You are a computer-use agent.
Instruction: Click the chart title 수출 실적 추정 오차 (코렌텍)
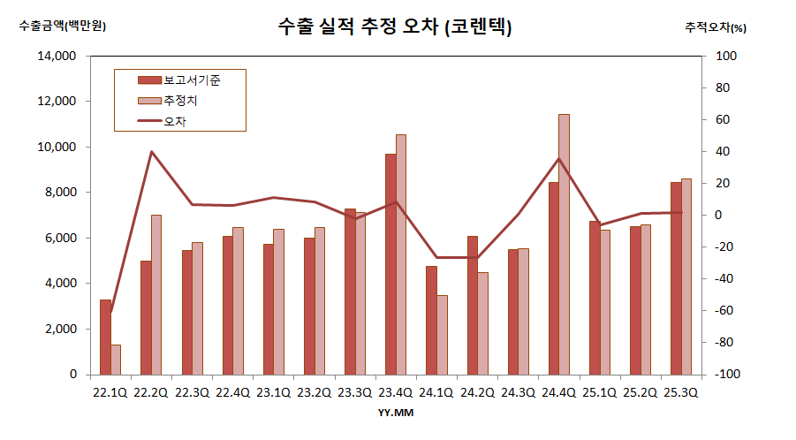click(x=394, y=27)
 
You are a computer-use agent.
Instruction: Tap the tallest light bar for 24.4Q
click(x=564, y=244)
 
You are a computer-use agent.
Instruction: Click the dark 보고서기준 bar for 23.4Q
click(x=390, y=264)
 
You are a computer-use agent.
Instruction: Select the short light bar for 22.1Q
click(x=116, y=360)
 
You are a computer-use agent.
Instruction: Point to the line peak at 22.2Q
click(x=151, y=152)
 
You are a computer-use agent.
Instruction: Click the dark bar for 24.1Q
click(x=431, y=320)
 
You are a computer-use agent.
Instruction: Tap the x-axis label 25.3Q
click(x=680, y=392)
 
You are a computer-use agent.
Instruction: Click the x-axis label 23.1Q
click(x=273, y=392)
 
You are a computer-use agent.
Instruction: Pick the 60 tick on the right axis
click(x=721, y=120)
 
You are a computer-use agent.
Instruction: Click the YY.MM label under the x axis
click(x=395, y=412)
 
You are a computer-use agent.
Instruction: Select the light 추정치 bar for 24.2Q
click(x=482, y=323)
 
